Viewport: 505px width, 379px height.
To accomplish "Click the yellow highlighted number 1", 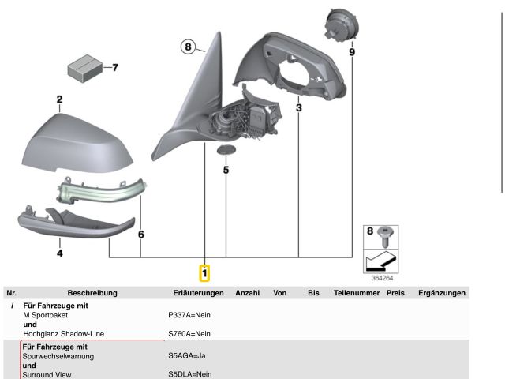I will pyautogui.click(x=204, y=273).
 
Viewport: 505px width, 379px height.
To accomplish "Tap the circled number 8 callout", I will pyautogui.click(x=188, y=47).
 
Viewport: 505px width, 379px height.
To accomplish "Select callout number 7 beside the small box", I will pyautogui.click(x=115, y=67).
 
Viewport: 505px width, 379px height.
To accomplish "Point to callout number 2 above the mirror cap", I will pyautogui.click(x=59, y=99).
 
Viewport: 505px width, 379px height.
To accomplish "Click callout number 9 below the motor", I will pyautogui.click(x=352, y=52).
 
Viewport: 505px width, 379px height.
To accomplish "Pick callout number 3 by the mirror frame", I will pyautogui.click(x=299, y=107).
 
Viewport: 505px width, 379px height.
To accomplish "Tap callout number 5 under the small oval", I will pyautogui.click(x=226, y=169).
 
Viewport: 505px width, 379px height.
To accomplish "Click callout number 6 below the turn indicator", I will pyautogui.click(x=140, y=235).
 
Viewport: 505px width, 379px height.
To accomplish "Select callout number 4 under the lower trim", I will pyautogui.click(x=59, y=253).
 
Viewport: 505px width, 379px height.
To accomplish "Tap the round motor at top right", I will pyautogui.click(x=341, y=24).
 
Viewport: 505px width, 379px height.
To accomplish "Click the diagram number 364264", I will pyautogui.click(x=383, y=277).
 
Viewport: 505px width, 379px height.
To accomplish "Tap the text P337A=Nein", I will pyautogui.click(x=189, y=314).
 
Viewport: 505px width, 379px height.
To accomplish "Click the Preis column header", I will pyautogui.click(x=395, y=293).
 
